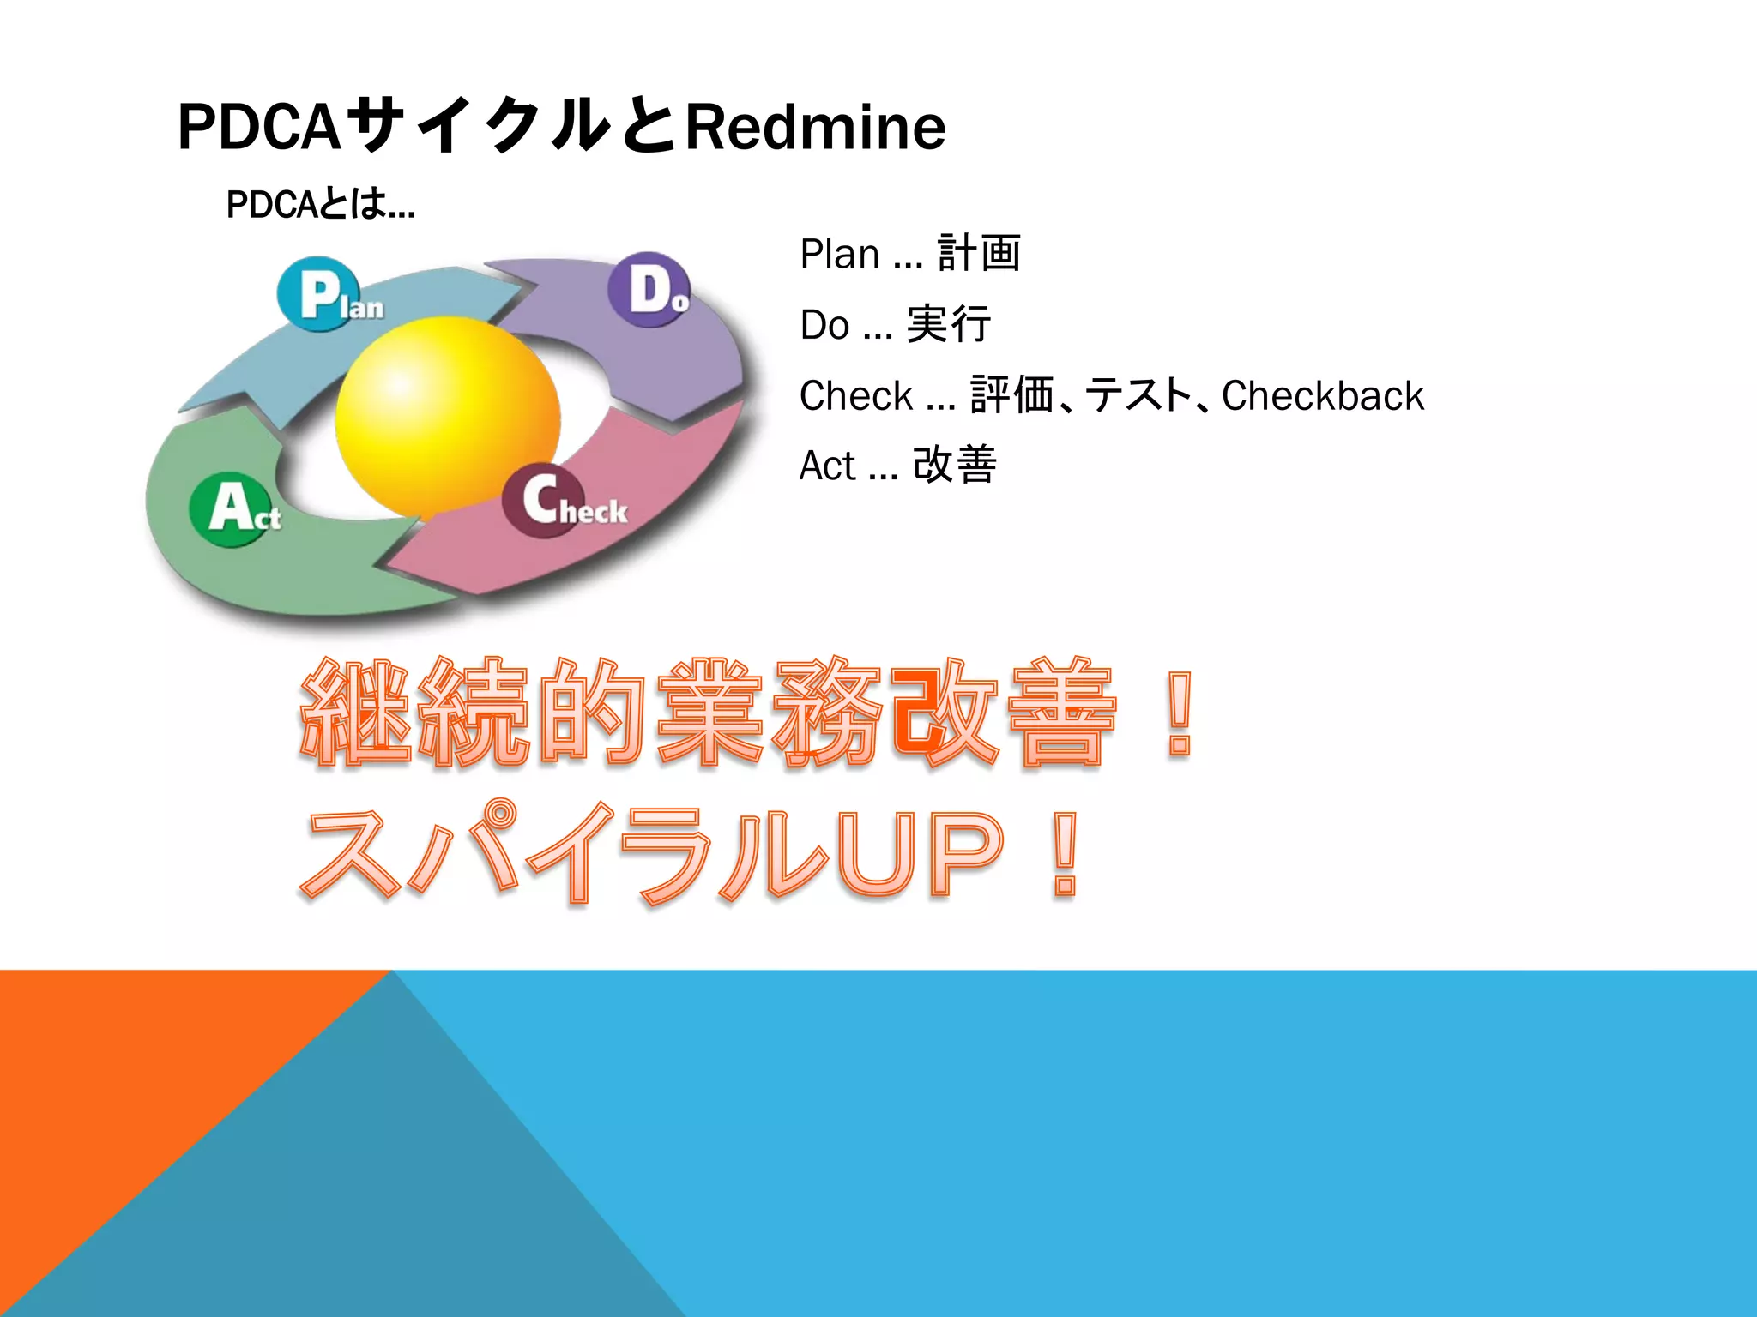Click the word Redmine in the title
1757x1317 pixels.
[815, 127]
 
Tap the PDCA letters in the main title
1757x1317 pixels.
[259, 127]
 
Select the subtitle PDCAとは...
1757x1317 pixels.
[319, 204]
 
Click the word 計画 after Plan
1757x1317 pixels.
[979, 254]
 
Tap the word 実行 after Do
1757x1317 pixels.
[948, 325]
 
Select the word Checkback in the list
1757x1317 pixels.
[1322, 396]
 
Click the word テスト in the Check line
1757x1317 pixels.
[1138, 396]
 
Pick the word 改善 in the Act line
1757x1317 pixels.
[954, 466]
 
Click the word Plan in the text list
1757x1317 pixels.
[839, 254]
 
